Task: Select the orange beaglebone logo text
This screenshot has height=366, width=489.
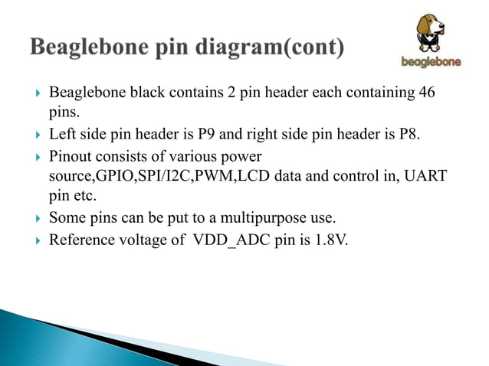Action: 432,62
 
